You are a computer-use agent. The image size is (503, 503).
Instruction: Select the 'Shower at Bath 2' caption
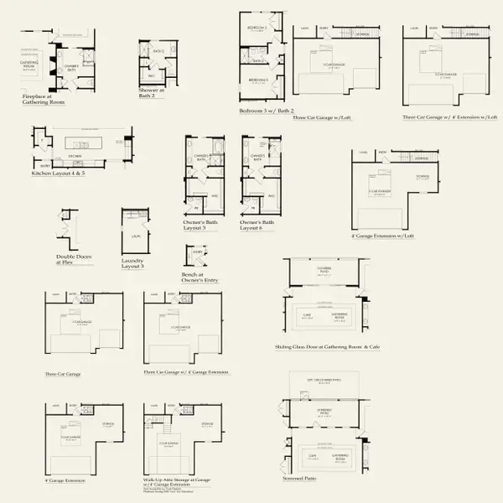[151, 93]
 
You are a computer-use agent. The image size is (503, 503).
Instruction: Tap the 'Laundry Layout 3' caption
[131, 262]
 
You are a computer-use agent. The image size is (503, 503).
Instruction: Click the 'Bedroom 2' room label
[257, 29]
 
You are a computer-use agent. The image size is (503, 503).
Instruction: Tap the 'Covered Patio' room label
[324, 270]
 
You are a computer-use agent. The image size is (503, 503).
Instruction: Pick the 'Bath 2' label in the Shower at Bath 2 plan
[158, 51]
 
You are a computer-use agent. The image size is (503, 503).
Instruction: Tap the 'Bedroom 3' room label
[257, 80]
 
